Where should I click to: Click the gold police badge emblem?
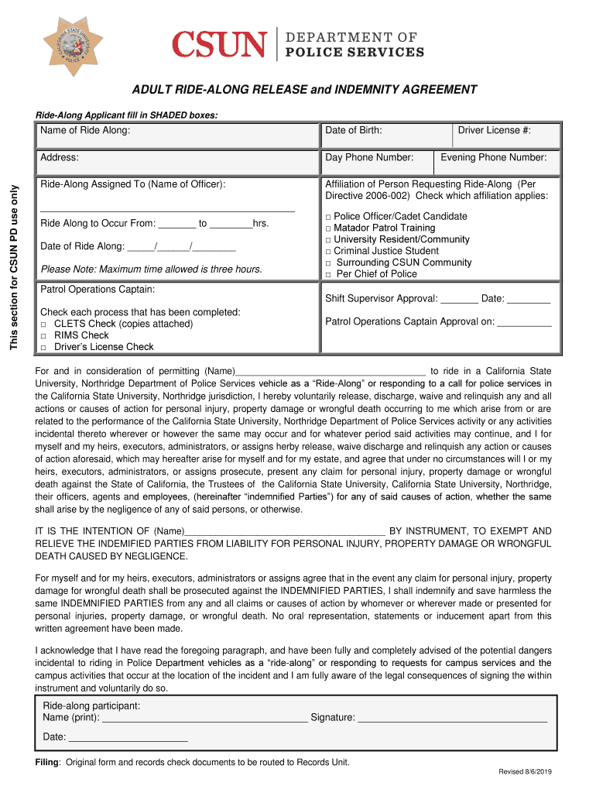pos(75,44)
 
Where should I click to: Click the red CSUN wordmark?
pos(220,45)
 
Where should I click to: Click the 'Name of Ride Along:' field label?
pos(85,130)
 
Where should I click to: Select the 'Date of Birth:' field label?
pos(354,130)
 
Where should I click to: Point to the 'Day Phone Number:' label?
pos(369,157)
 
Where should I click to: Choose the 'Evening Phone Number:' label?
pos(493,157)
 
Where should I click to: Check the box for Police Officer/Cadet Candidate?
pos(329,218)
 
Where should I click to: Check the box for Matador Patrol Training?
pos(329,229)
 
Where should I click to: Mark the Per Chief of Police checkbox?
pos(329,275)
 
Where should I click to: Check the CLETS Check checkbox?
pos(44,324)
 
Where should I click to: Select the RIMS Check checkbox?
pos(44,336)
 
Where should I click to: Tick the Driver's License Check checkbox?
pos(44,348)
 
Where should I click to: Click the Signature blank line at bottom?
pos(453,719)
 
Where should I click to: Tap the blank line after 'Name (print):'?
pos(205,719)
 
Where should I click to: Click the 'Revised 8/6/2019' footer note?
pos(524,773)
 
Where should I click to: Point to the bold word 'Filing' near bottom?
pos(47,762)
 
